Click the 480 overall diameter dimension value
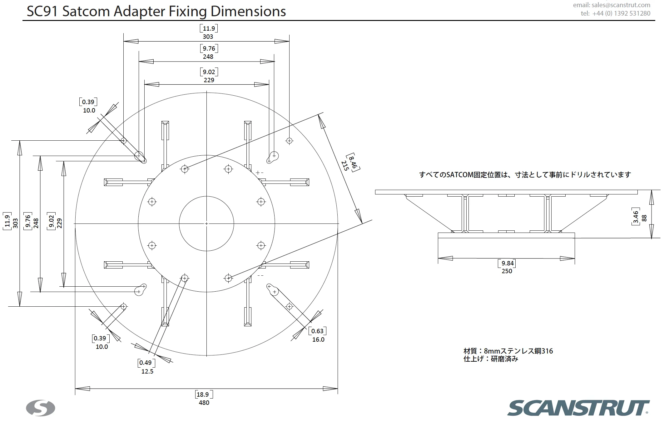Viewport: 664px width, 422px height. click(204, 403)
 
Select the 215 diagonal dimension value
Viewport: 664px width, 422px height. click(345, 166)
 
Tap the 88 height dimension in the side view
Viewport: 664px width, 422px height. click(644, 218)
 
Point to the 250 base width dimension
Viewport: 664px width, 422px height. click(507, 271)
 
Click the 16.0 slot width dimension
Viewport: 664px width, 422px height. click(318, 339)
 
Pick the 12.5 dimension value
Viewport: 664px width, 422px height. click(147, 371)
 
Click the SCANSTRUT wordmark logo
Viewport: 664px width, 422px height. click(578, 408)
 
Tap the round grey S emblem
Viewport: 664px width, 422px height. click(41, 408)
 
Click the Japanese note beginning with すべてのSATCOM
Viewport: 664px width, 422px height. click(525, 175)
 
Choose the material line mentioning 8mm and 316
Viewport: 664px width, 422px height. click(508, 351)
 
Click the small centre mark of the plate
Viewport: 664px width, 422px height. click(206, 224)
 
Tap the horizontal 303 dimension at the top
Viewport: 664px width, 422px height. click(208, 37)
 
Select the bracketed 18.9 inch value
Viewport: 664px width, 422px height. click(203, 394)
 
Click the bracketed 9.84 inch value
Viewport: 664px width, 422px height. click(508, 263)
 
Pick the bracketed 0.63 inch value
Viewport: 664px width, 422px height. click(317, 331)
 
